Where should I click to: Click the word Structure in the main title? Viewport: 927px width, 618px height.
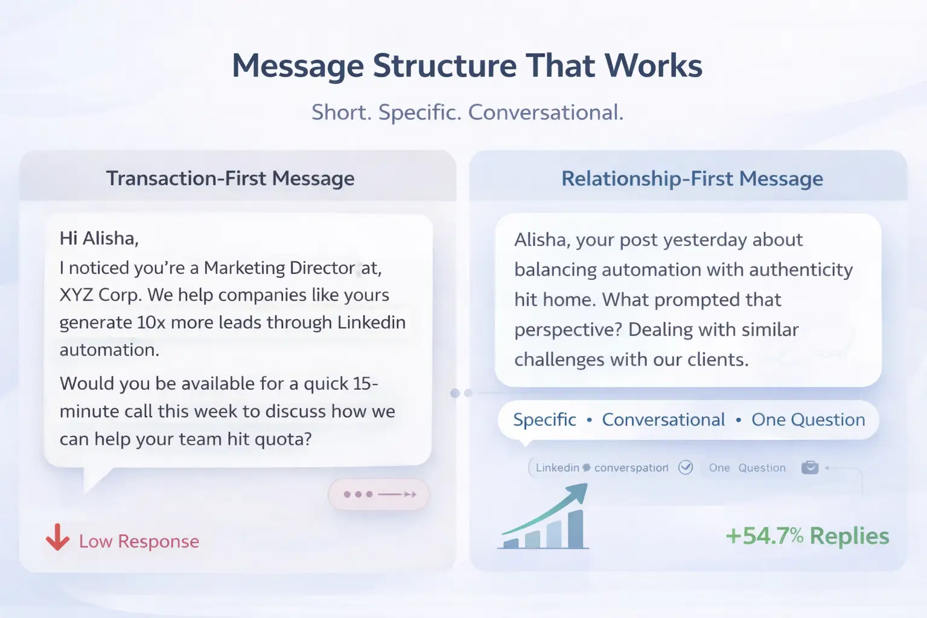coord(444,66)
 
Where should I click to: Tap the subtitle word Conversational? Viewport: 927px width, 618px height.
coord(546,112)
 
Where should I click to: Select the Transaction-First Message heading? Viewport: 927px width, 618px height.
coord(230,179)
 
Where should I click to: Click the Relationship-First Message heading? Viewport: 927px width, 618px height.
coord(692,179)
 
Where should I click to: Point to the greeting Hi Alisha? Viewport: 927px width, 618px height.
coord(99,238)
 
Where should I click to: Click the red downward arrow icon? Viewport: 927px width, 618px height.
coord(57,537)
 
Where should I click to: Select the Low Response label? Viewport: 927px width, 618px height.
coord(139,541)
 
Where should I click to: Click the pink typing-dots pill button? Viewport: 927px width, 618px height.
coord(378,494)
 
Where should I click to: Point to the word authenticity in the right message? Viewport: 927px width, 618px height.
coord(801,270)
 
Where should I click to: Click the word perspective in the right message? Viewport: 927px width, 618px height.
coord(568,330)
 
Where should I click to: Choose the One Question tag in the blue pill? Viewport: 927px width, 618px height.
coord(808,419)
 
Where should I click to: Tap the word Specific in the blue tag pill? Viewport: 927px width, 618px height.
coord(544,420)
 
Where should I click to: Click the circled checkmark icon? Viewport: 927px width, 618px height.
coord(686,467)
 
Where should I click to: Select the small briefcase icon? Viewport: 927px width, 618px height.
coord(810,467)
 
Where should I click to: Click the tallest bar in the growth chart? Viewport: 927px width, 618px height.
coord(576,529)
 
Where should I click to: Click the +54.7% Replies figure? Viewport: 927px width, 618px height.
coord(808,536)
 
